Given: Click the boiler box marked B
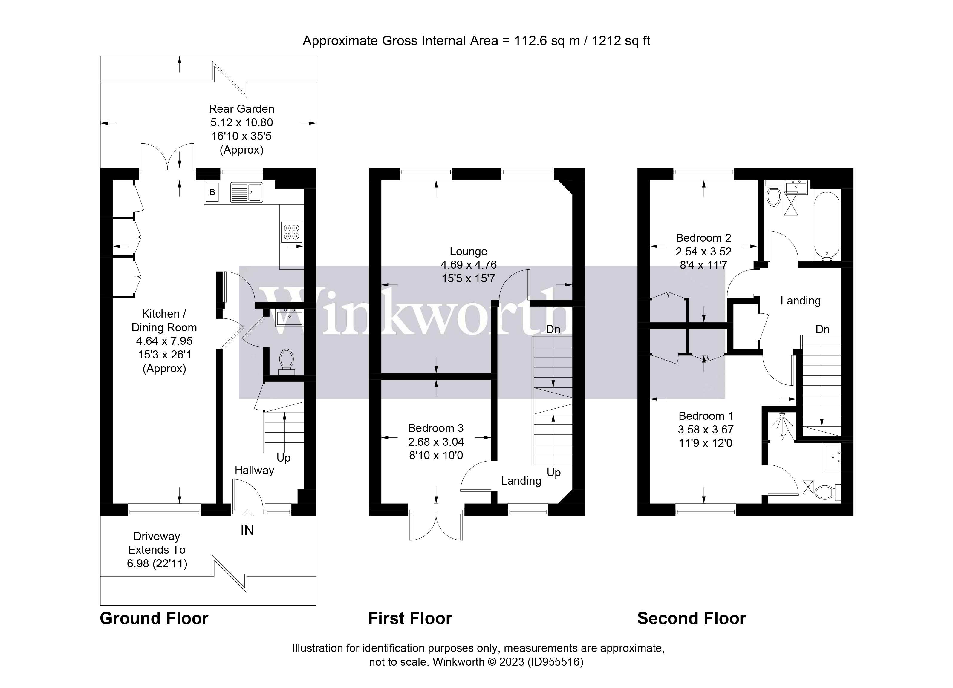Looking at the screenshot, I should click(x=212, y=192).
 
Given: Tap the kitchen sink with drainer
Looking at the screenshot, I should click(x=247, y=192).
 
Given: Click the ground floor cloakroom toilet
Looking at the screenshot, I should click(x=287, y=360).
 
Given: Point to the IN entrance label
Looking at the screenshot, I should click(x=247, y=531).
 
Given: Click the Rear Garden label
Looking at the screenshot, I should click(x=241, y=109).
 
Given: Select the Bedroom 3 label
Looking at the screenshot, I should click(x=436, y=428).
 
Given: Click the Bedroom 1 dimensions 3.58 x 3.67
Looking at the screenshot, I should click(x=706, y=430).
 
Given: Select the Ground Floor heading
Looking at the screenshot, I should click(x=154, y=619).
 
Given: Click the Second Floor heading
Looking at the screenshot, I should click(x=691, y=619).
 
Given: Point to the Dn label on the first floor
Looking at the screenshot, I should click(x=553, y=329).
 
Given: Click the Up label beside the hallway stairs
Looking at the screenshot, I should click(x=284, y=458).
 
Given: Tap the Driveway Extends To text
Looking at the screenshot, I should click(x=157, y=543).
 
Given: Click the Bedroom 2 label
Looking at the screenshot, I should click(x=703, y=238).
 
